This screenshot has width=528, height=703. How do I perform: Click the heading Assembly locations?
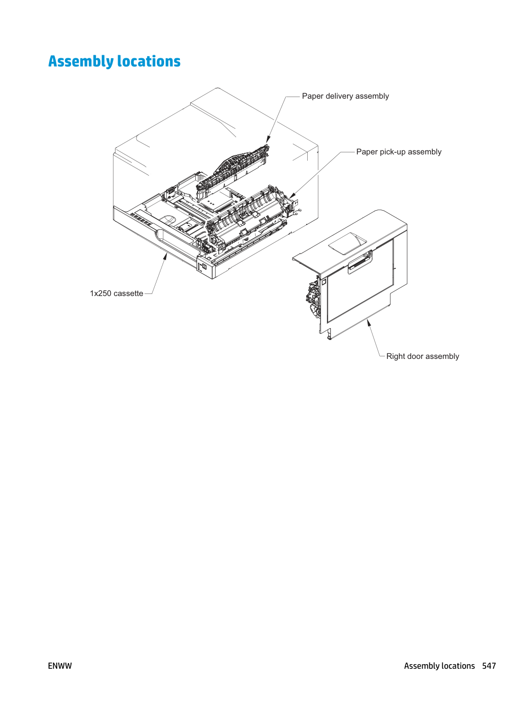coord(114,61)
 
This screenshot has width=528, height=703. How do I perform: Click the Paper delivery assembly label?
coord(345,96)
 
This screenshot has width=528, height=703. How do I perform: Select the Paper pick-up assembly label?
coord(399,152)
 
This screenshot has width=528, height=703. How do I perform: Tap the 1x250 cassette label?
coord(117,293)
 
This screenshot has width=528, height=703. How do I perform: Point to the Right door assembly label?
coord(422,356)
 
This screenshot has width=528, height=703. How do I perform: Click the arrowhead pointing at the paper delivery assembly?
coord(268,139)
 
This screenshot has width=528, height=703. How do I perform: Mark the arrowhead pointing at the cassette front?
coord(165,256)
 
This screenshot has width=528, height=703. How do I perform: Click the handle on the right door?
coord(360,262)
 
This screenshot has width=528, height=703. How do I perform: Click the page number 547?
coord(489,666)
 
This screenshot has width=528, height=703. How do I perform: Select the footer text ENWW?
coord(60,666)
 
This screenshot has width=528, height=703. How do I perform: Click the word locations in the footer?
coord(459,666)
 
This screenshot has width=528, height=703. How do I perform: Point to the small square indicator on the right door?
coord(323,282)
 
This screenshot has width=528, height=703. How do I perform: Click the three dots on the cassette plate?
coord(210,202)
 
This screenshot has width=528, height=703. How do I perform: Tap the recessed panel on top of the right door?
coord(347,243)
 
